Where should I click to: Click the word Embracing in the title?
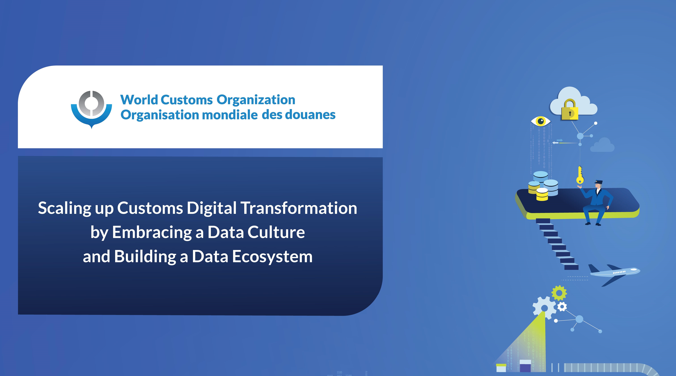[x=152, y=232]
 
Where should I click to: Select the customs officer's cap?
[x=599, y=182]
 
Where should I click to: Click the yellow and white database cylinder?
[x=542, y=194]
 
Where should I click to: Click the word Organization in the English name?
[x=256, y=100]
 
